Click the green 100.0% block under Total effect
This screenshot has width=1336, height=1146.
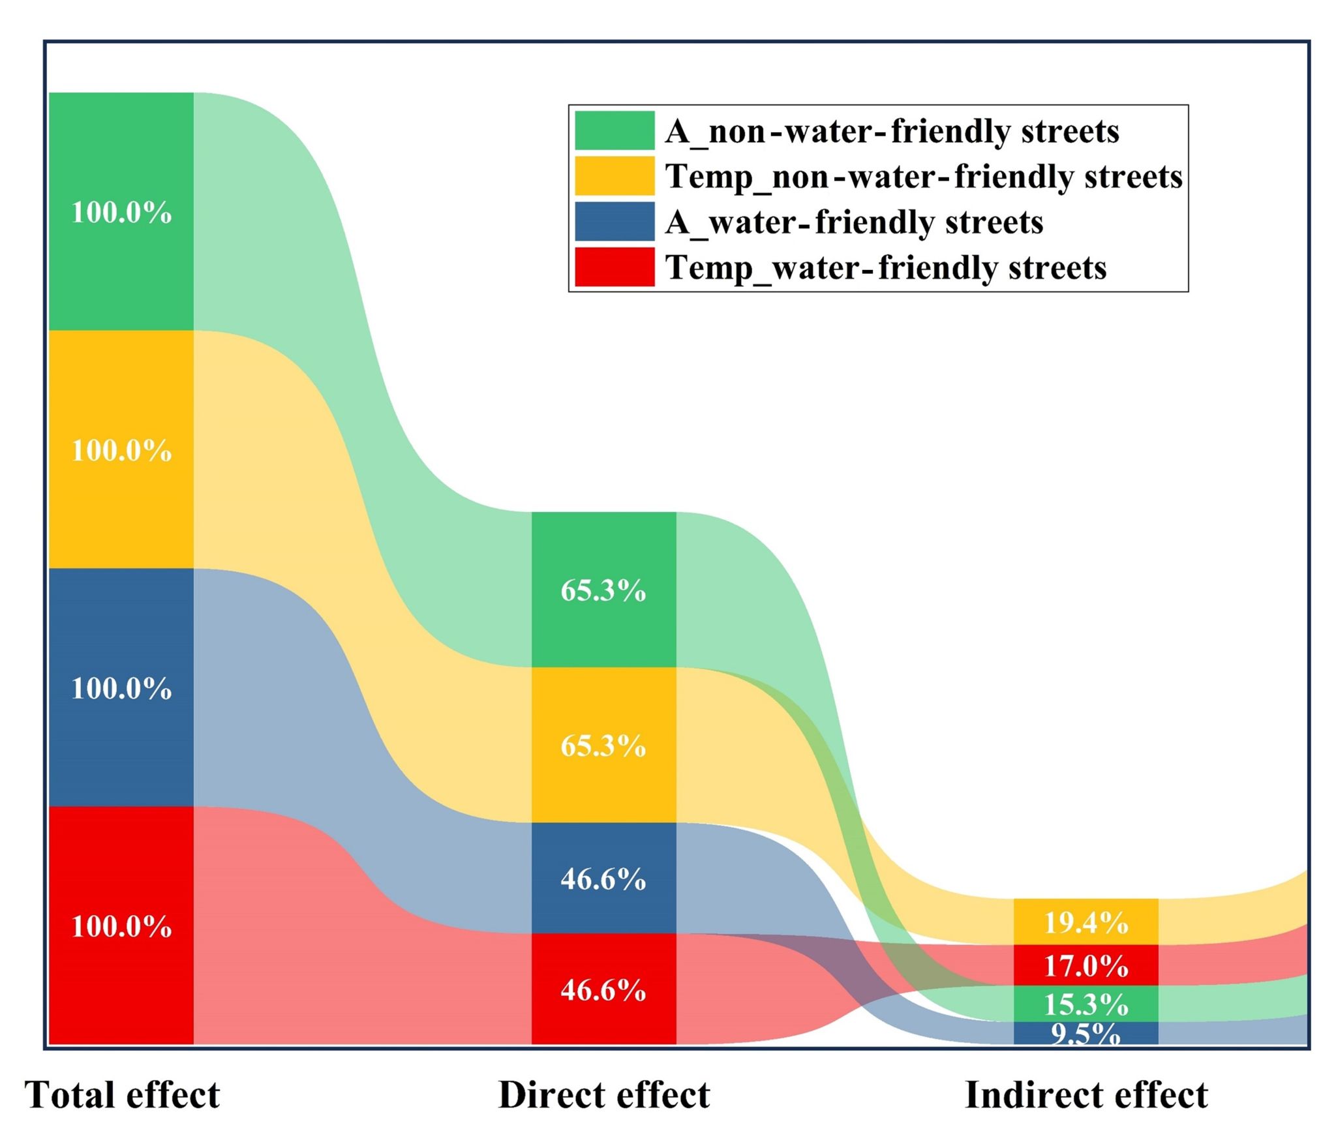pos(121,211)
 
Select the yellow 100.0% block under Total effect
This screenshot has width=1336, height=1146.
pos(121,449)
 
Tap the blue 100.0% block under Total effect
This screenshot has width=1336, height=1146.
pos(121,687)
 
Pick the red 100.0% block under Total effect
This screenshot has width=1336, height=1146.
pos(121,926)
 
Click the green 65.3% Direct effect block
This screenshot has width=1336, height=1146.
pos(603,590)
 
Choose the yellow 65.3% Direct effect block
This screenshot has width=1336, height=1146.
pos(603,745)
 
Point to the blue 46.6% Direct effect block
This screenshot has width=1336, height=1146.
pos(603,878)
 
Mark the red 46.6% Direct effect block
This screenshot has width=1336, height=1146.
pos(603,989)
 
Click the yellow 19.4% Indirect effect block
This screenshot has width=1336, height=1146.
pos(1085,922)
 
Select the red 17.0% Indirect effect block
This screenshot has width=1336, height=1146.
pos(1085,965)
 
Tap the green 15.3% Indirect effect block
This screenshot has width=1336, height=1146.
pos(1085,1003)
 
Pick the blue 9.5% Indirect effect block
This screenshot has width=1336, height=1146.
pos(1085,1033)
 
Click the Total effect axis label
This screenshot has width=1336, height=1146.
pos(123,1094)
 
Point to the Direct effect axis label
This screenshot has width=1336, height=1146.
pos(603,1094)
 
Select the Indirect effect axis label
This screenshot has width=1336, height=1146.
pos(1086,1094)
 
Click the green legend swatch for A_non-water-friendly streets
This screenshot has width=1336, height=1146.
pos(615,130)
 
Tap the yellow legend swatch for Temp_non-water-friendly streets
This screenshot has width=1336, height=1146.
pos(615,176)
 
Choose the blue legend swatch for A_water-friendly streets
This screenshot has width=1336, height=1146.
pos(615,221)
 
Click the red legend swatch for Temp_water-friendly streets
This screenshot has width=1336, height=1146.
pos(615,267)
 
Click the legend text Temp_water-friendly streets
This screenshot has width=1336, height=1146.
pos(886,267)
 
